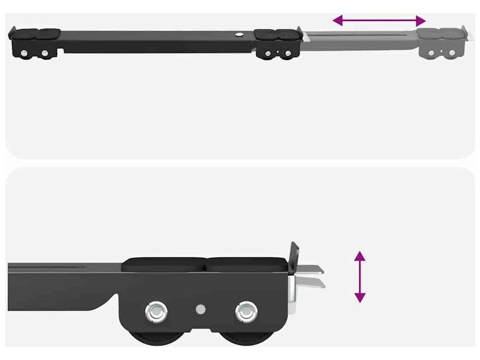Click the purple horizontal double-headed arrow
click(379, 21)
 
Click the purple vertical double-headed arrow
click(360, 277)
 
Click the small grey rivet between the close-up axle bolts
click(201, 309)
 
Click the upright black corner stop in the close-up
click(294, 257)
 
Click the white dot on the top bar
click(239, 34)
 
